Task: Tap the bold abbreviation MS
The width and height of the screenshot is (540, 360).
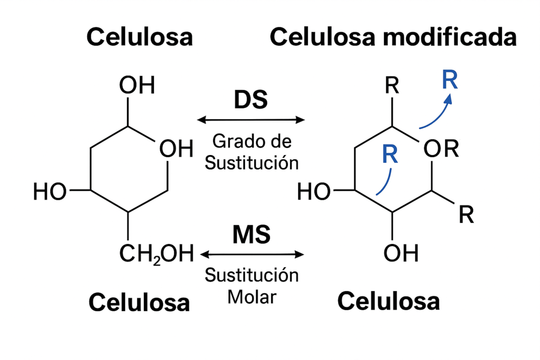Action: [x=251, y=235]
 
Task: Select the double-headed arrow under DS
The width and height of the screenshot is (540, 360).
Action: [x=251, y=120]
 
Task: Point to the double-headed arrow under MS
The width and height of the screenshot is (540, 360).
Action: [x=251, y=255]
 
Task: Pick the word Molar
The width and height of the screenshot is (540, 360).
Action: [x=252, y=297]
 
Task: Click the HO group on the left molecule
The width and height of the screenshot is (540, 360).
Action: [x=50, y=192]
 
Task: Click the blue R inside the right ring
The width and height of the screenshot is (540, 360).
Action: [x=390, y=154]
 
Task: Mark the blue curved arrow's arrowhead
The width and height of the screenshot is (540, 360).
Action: [x=449, y=99]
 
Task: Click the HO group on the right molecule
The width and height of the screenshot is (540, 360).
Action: [x=314, y=192]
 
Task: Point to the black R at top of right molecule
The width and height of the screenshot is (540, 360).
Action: [x=392, y=86]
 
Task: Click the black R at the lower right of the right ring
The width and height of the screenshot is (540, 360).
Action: [x=466, y=215]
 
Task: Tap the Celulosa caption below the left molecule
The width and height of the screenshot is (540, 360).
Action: [x=139, y=302]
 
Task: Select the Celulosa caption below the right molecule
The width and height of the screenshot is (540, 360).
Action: [x=389, y=301]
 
